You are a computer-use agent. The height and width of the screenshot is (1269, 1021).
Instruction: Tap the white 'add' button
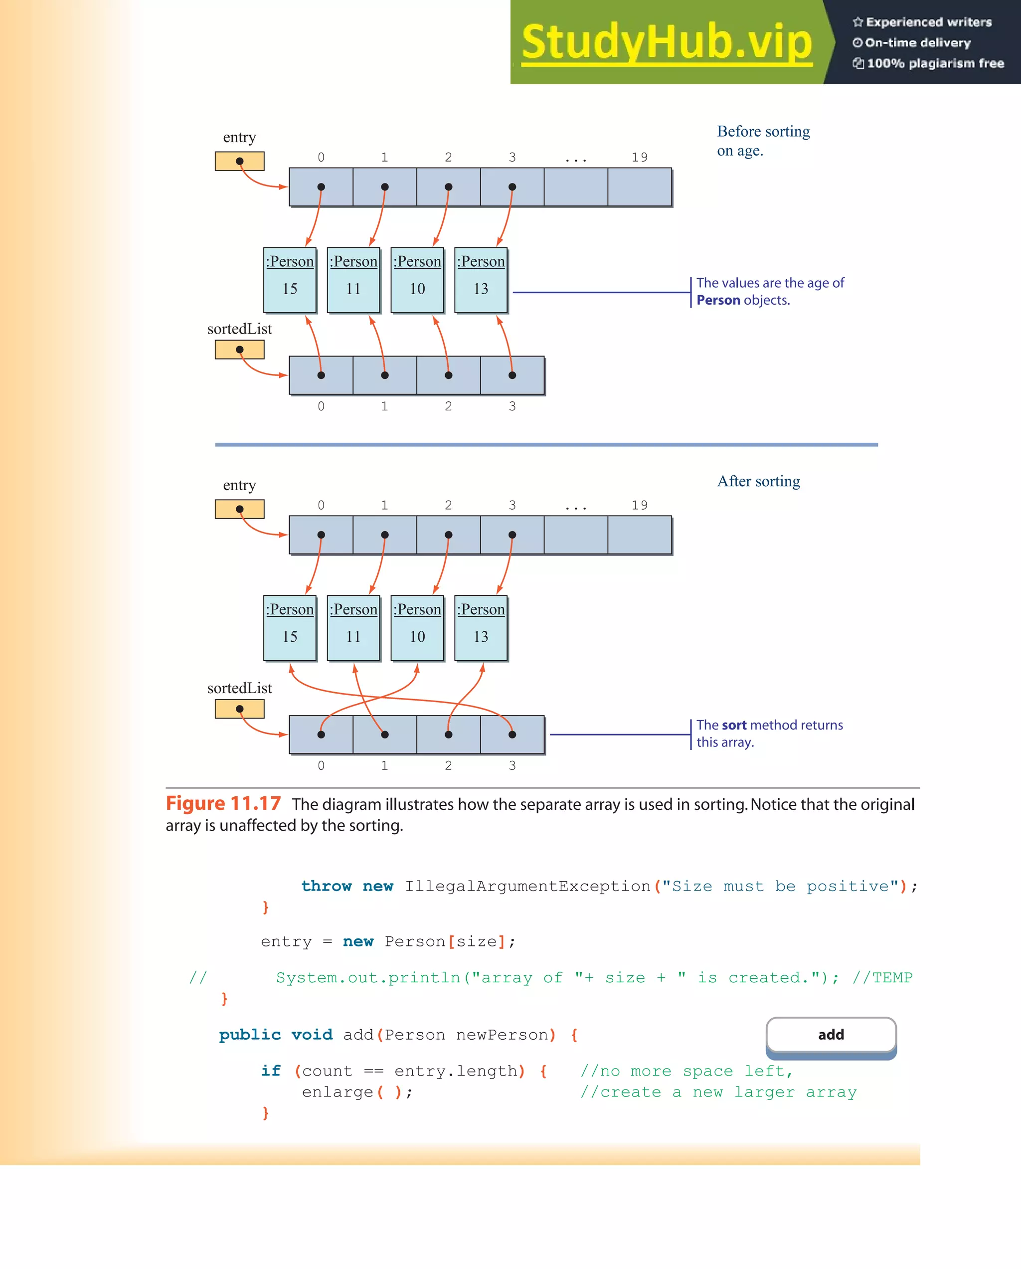tap(831, 1035)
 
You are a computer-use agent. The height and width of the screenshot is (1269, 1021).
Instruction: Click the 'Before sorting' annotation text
tap(763, 132)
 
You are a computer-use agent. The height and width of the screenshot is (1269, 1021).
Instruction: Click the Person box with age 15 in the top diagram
tap(290, 280)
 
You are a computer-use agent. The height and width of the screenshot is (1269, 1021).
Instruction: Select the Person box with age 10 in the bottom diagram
tap(417, 628)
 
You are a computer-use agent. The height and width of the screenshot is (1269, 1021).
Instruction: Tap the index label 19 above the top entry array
tap(639, 157)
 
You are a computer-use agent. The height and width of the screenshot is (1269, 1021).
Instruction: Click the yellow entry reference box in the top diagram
tap(239, 161)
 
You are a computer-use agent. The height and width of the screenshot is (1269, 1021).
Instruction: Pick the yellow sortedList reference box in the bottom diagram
tap(239, 709)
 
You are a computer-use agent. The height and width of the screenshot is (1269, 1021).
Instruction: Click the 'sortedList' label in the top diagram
tap(239, 329)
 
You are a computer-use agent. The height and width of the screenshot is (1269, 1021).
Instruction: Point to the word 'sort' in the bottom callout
tap(734, 725)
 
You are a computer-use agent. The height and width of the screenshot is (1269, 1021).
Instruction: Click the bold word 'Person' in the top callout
tap(718, 300)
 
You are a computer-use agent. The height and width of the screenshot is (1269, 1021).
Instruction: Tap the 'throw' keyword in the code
tap(326, 887)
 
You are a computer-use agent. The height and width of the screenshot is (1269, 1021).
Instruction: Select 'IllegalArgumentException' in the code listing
tap(527, 887)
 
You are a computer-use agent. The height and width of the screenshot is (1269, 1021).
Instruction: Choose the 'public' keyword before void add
tap(249, 1035)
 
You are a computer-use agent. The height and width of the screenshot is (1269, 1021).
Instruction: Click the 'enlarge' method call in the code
tap(337, 1092)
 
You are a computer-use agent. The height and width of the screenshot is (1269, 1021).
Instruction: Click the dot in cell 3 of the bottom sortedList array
tap(512, 734)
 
